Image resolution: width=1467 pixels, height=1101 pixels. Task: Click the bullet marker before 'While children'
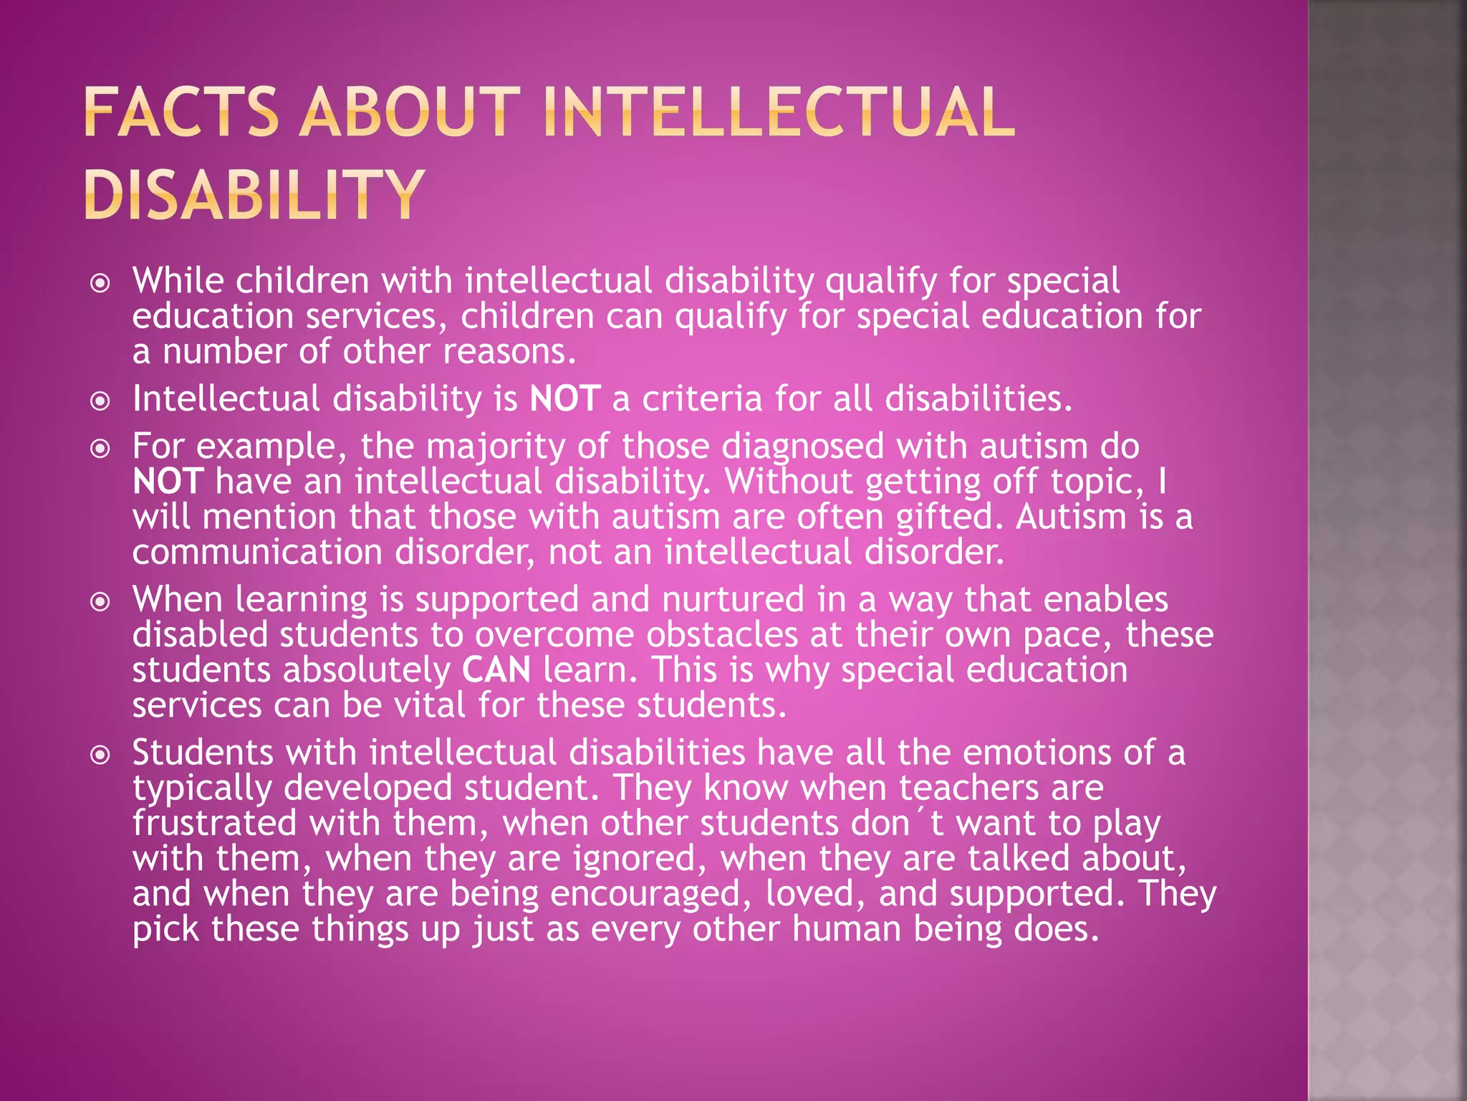coord(101,283)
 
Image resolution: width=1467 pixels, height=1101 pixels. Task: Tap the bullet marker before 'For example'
coord(101,449)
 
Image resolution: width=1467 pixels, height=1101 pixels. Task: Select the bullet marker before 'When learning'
coord(101,601)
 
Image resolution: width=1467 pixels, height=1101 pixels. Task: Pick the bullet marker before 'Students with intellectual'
coord(101,755)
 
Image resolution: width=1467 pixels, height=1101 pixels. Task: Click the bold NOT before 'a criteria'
coord(564,399)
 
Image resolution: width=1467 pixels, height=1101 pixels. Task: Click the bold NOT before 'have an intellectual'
coord(168,482)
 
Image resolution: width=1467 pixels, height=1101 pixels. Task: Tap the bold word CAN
coord(496,670)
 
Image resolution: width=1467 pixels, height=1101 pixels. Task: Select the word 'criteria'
coord(701,399)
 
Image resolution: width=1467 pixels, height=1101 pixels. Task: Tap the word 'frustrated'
coord(214,823)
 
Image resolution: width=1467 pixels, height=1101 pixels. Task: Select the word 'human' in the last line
coord(846,929)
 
